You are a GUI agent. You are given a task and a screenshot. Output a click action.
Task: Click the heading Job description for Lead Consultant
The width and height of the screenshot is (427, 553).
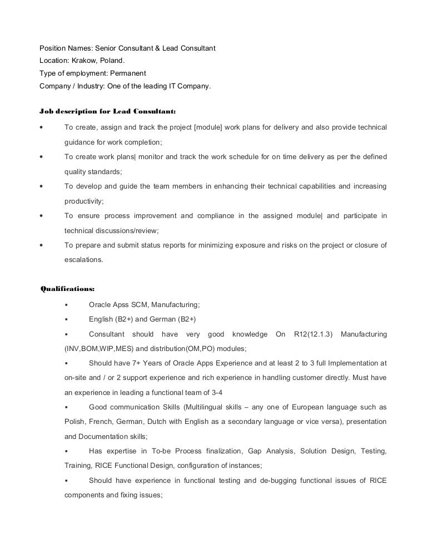pyautogui.click(x=108, y=110)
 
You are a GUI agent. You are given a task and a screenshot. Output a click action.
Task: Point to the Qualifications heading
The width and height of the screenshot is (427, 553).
pyautogui.click(x=67, y=288)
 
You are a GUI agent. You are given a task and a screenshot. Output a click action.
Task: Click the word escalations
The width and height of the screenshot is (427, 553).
pyautogui.click(x=83, y=259)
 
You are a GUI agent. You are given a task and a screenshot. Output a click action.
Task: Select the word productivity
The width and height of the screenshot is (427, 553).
pyautogui.click(x=84, y=201)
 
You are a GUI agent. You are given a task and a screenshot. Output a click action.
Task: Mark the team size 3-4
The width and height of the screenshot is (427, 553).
pyautogui.click(x=207, y=392)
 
